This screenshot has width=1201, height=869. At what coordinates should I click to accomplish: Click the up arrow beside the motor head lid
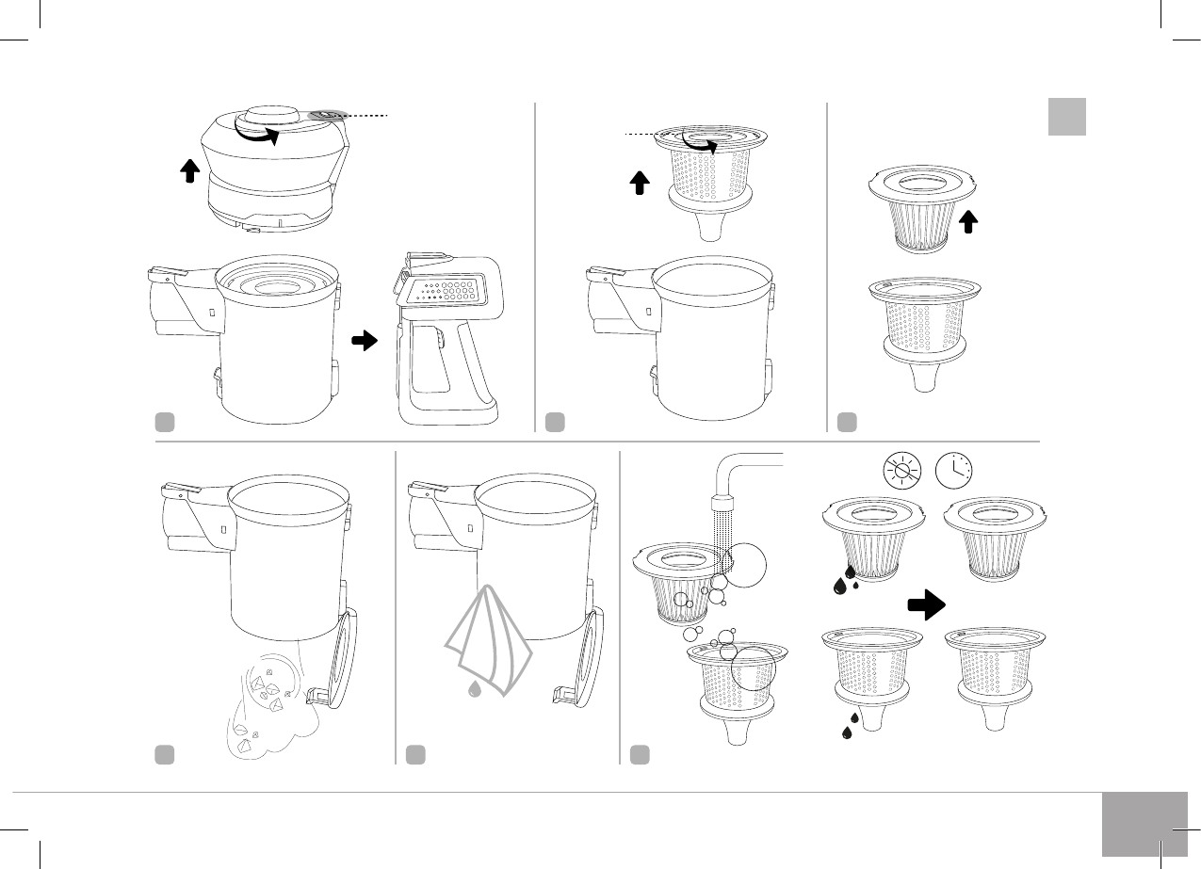tap(189, 170)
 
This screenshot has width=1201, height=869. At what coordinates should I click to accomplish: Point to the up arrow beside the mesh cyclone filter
tap(640, 183)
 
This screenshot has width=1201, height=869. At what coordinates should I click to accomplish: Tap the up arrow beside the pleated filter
tap(969, 222)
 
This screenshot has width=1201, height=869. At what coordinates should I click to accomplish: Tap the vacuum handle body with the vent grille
tap(443, 339)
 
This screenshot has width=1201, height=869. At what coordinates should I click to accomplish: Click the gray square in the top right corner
tap(1067, 117)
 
